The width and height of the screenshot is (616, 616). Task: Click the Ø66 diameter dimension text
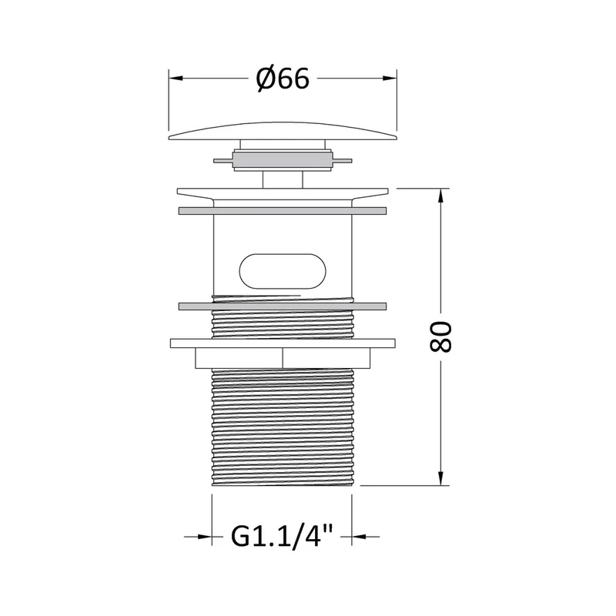(283, 79)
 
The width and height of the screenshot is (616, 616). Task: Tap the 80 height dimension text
(440, 337)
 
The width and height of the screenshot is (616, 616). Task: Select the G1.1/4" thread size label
(282, 536)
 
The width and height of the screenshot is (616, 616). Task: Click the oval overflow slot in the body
(283, 271)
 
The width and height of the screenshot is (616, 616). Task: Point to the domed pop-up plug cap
(283, 131)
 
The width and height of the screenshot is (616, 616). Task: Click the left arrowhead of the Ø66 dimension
(176, 79)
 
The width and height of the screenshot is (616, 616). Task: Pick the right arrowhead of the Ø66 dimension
(390, 79)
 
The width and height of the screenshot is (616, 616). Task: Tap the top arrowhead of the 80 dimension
(440, 196)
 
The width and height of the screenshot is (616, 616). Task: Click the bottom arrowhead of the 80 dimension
(440, 478)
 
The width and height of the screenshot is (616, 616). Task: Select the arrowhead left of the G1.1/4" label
(205, 536)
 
